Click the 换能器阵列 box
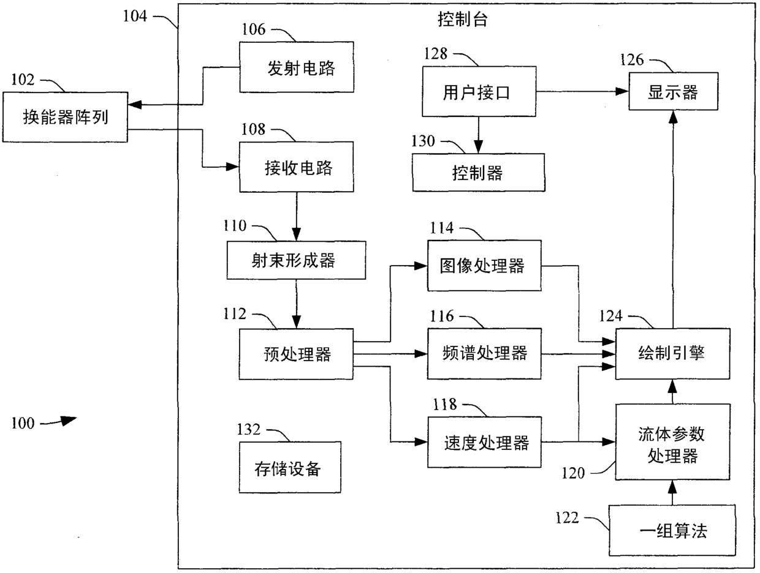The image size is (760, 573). coord(65,117)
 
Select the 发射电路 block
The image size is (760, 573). coord(297,67)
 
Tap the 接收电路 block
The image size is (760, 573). coord(297,167)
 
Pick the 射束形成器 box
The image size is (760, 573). coord(297,260)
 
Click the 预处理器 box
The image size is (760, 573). coord(297,354)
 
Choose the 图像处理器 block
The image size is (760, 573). coord(484,266)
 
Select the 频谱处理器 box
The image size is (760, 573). coord(484,353)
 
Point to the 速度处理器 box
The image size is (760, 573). coord(485,442)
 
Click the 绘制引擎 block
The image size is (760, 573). coord(673,354)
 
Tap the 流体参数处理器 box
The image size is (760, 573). coord(673,442)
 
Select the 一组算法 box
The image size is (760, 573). coord(672,530)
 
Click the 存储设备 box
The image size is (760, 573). coord(290,467)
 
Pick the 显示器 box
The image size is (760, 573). coord(674,91)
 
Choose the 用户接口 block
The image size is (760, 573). coord(479,91)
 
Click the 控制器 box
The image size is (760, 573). coord(479,172)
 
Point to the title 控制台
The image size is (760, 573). coord(463,20)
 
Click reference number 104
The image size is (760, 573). coord(135,17)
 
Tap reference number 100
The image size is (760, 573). coord(23,423)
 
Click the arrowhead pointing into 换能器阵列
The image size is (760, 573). coord(135,105)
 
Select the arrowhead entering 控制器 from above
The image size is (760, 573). coord(479,147)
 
